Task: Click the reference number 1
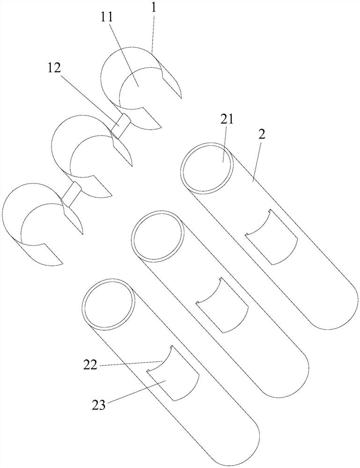click(x=153, y=8)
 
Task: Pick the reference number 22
click(x=90, y=365)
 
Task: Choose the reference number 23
click(x=98, y=405)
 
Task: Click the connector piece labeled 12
click(x=120, y=125)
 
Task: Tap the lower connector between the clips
click(x=72, y=194)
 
